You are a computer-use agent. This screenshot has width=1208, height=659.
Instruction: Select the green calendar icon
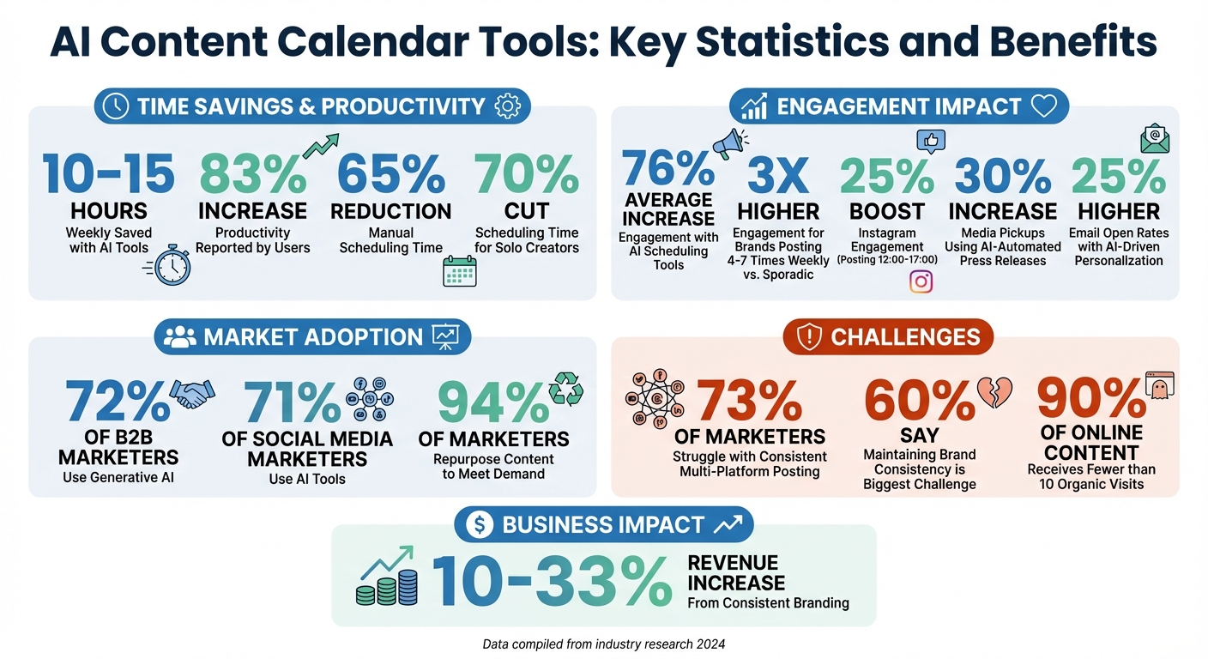click(459, 270)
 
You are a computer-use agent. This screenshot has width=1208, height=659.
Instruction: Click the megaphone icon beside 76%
click(728, 142)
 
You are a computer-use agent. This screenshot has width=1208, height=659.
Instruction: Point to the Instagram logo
click(921, 281)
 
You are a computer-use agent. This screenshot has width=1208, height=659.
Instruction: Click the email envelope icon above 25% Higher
click(1154, 138)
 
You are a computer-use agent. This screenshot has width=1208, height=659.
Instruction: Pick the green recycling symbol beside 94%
click(566, 389)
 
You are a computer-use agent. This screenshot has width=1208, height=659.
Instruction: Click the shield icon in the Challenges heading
click(809, 337)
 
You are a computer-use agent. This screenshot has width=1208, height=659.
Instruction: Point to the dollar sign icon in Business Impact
click(480, 524)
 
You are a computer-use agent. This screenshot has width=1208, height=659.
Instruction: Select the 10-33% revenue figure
click(551, 581)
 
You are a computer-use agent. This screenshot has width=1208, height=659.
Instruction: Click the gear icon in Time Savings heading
click(508, 106)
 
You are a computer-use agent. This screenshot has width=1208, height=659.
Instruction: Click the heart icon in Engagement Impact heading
click(1043, 106)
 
